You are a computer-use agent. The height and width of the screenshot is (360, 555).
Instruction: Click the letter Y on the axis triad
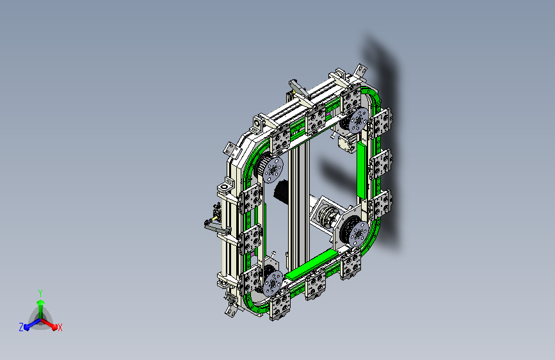[x=40, y=293]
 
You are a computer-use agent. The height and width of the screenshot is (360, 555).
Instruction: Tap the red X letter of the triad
[x=60, y=328]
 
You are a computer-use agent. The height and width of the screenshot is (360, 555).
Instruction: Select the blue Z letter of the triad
[x=21, y=327]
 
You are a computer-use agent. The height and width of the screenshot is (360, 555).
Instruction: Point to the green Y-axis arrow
[x=41, y=309]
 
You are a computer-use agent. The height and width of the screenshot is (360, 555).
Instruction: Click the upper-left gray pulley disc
[x=273, y=170]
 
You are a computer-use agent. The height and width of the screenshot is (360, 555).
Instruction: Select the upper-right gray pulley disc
[x=358, y=120]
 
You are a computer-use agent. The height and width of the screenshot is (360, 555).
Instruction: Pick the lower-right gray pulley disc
[x=358, y=234]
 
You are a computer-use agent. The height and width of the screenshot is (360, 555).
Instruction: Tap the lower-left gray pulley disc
[x=273, y=283]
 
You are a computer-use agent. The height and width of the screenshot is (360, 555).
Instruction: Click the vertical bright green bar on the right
[x=362, y=170]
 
